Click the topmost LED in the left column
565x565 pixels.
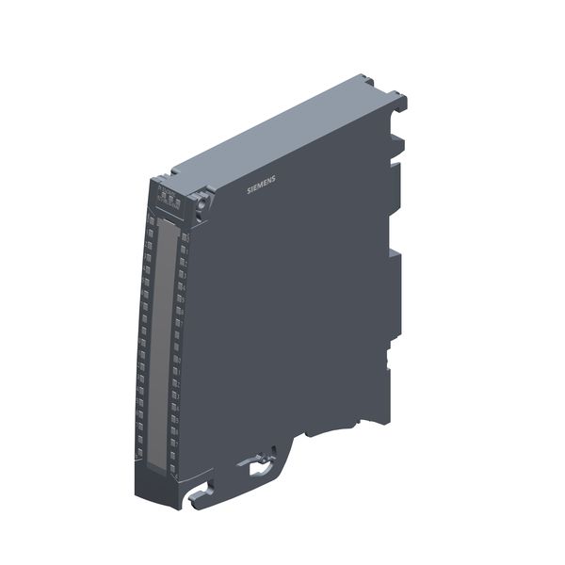(x=151, y=219)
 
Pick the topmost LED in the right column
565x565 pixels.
(x=184, y=237)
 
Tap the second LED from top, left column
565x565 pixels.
(x=150, y=233)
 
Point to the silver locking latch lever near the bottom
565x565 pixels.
(x=256, y=462)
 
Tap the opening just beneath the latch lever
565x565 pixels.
(x=255, y=476)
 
